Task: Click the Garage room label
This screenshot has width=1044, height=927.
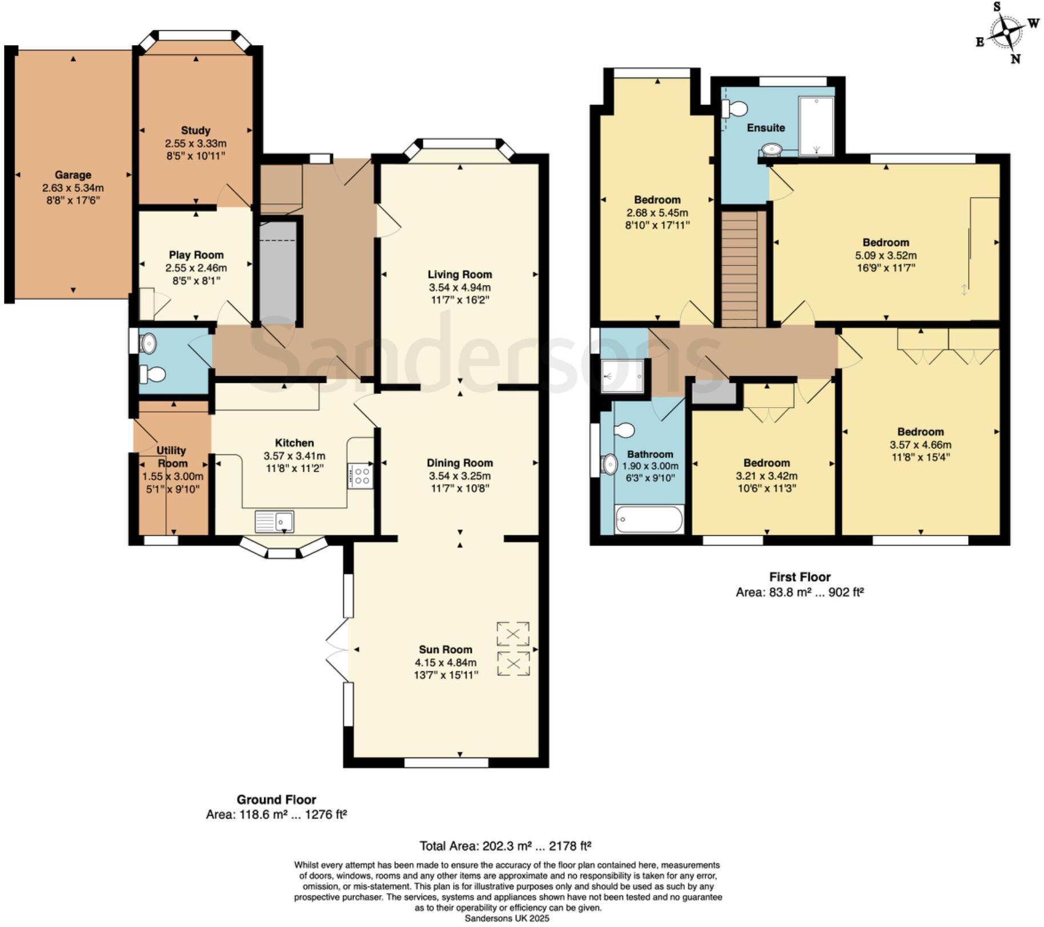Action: point(73,175)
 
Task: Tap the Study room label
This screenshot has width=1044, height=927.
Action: point(195,130)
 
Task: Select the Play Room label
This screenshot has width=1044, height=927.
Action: point(196,255)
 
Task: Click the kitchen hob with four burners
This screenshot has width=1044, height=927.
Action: point(361,476)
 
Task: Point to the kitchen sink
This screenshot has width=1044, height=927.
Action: point(274,521)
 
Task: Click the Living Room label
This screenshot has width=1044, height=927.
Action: point(460,275)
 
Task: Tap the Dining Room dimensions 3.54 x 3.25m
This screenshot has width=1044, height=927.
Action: point(460,475)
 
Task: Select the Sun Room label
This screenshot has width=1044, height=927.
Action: point(445,650)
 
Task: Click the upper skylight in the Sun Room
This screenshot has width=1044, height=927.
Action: point(513,634)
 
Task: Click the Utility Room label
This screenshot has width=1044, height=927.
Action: point(172,457)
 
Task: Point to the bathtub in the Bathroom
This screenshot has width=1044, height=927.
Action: point(649,519)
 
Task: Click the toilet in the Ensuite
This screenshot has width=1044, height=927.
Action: point(735,108)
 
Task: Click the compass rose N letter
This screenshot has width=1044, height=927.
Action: point(1015,59)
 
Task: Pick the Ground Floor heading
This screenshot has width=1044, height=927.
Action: point(276,800)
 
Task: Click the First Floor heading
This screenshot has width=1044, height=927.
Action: point(800,577)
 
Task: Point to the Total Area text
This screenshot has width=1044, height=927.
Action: point(505,845)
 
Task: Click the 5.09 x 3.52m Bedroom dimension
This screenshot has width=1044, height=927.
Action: point(886,255)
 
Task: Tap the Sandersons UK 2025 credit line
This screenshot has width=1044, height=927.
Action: point(507,918)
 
